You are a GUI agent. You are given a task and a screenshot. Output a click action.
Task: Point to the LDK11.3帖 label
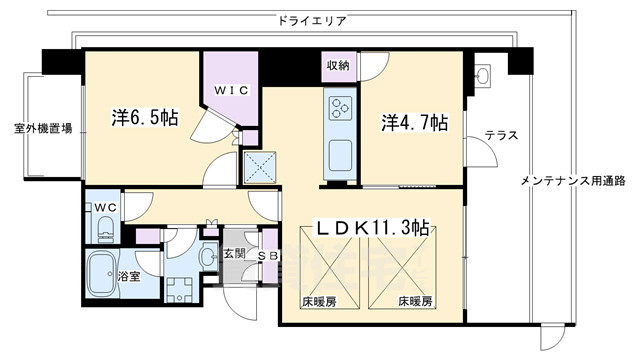coord(372,229)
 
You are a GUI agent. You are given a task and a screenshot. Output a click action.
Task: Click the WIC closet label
coord(232,88)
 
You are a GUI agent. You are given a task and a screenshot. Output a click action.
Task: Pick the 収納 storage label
coord(337,66)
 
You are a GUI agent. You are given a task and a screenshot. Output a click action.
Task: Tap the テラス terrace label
coord(500,136)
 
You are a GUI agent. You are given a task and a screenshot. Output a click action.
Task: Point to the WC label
coord(105,207)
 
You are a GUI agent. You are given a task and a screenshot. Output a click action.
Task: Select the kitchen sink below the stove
coord(338,156)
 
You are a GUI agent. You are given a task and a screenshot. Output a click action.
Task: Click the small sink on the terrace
coord(482,76)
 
